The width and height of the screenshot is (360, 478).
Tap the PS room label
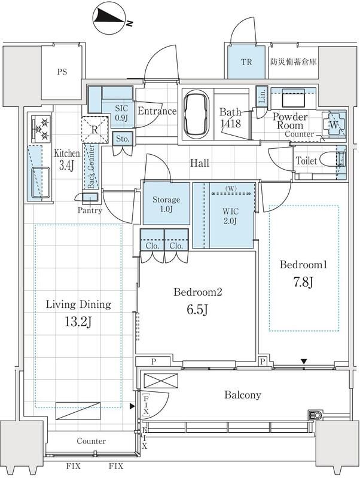coord(62,72)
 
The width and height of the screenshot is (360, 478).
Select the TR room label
coord(246,62)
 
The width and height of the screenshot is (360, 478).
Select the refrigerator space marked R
coord(94,130)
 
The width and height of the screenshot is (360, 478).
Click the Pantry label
coord(90,210)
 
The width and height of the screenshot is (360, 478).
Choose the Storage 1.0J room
coord(166,203)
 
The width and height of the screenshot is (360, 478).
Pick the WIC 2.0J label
coord(230,216)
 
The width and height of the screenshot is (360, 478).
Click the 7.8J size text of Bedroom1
coord(303,283)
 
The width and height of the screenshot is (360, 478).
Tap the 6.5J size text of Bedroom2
coord(198,310)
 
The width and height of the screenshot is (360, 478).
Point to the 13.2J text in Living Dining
coord(78,321)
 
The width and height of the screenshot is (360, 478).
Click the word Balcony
coord(243,395)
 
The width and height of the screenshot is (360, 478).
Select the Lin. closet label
coord(262,96)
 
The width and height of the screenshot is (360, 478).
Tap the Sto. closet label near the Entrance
coord(123,139)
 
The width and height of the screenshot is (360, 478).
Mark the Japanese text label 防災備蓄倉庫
coord(294,62)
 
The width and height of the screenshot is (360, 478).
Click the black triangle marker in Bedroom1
coord(304,361)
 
